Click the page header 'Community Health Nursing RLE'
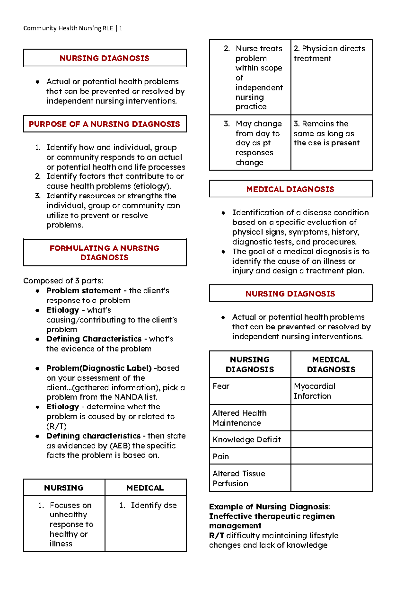pos(68,28)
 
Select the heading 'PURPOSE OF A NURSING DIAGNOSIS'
pos(104,124)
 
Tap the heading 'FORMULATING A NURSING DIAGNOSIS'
pos(104,252)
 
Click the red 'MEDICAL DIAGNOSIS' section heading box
pos(290,189)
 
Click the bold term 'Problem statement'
pos(84,291)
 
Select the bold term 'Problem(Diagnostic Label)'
pos(99,368)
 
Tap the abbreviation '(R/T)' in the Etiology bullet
pos(56,426)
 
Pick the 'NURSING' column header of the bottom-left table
pos(64,488)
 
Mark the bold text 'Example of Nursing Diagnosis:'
pos(269,507)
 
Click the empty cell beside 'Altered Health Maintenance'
pos(331,418)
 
